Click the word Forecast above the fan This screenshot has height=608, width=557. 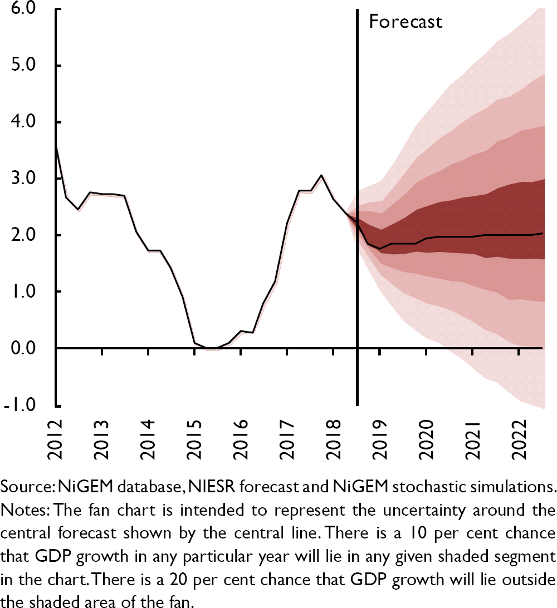(405, 22)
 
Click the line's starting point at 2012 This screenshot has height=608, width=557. (56, 145)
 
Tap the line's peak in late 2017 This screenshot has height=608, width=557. (321, 175)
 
